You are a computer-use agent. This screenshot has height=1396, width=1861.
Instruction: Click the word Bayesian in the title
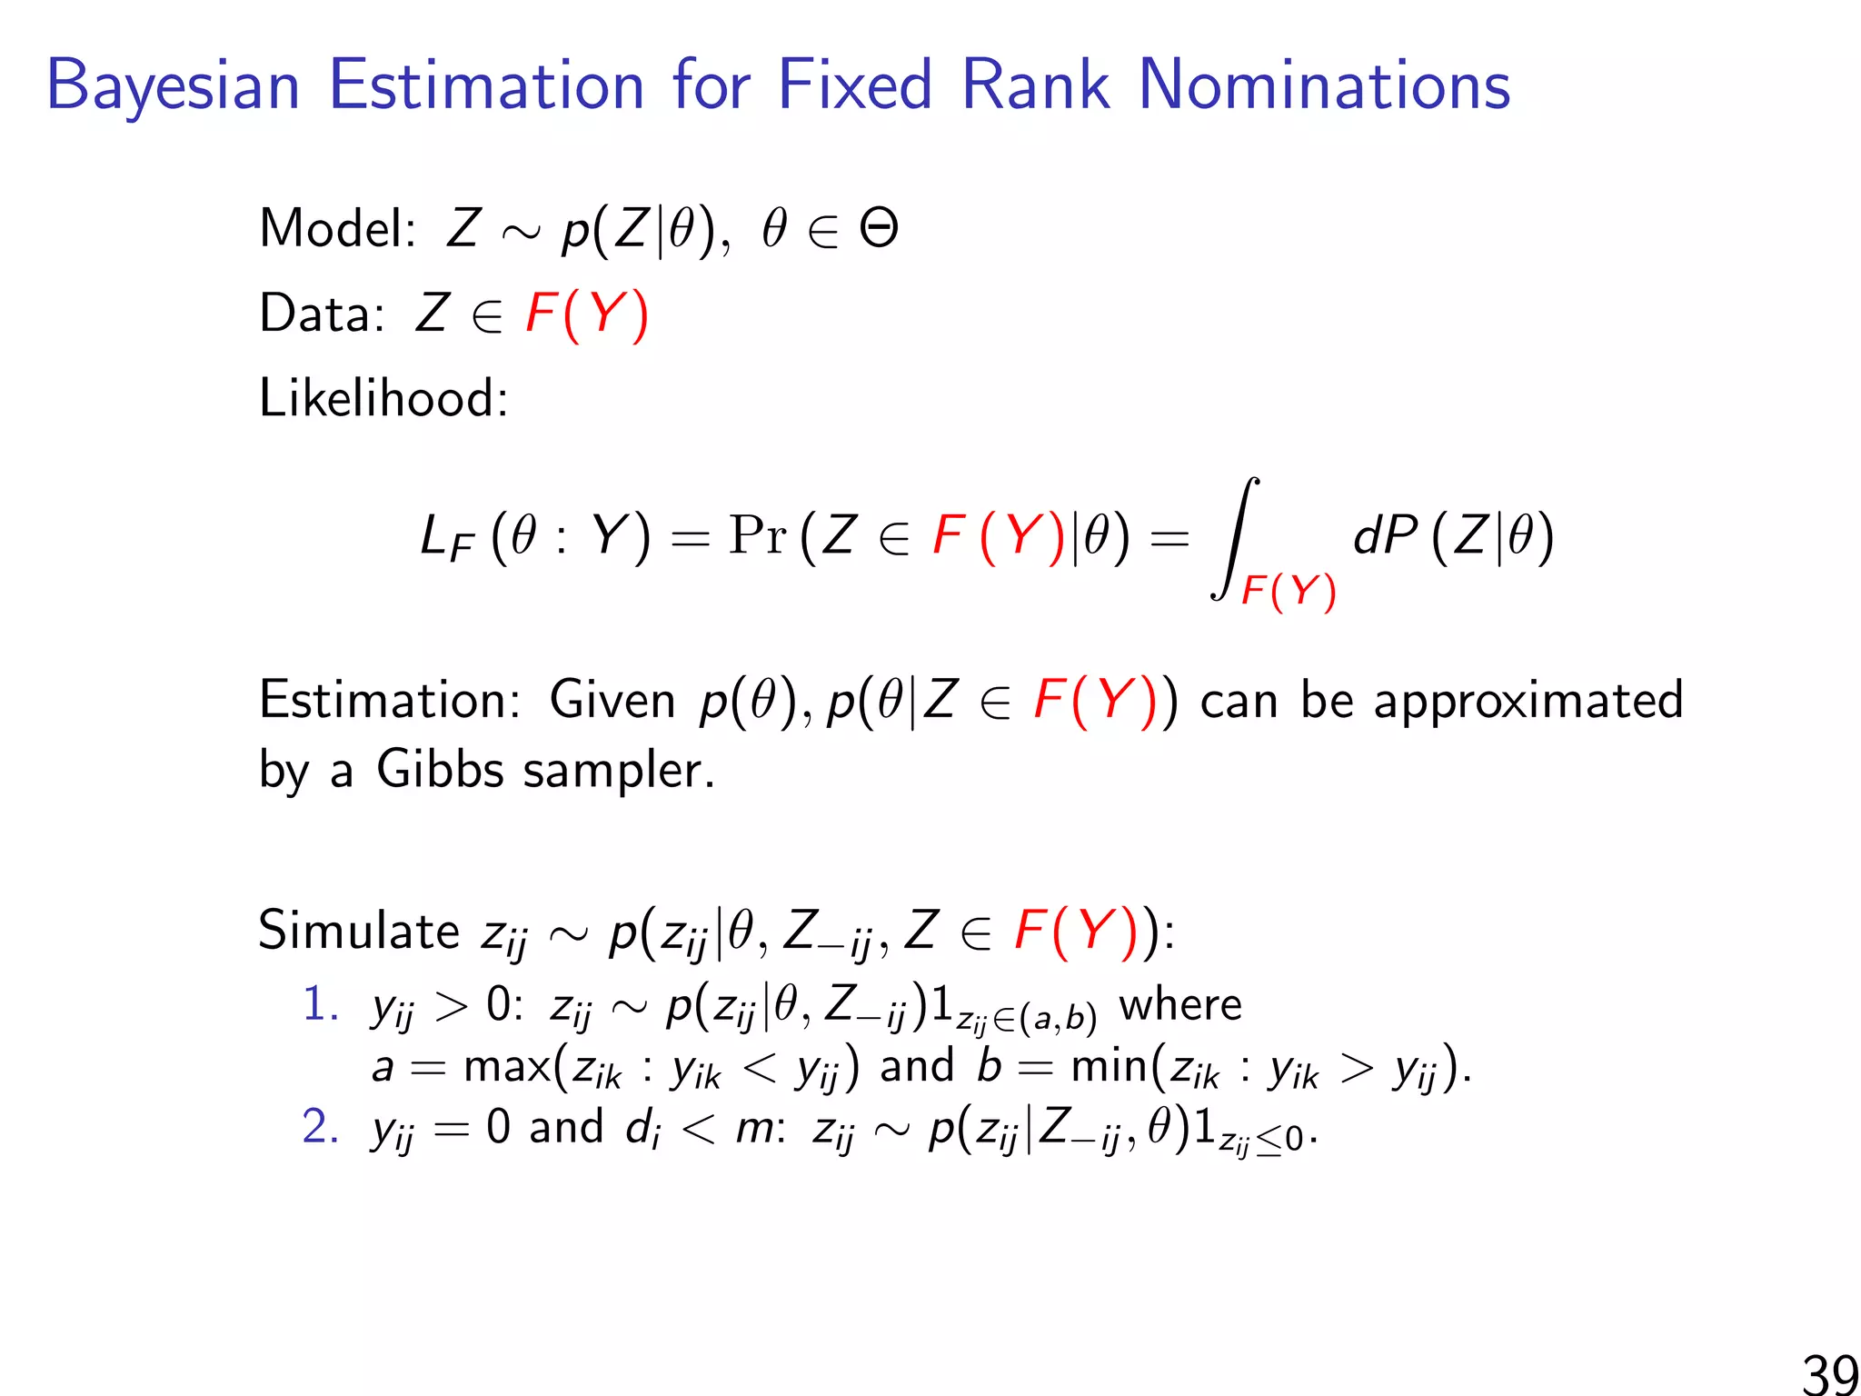(173, 87)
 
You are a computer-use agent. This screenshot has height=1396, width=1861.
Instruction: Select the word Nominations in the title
(1324, 85)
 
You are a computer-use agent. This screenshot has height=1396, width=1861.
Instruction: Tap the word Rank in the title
(1035, 85)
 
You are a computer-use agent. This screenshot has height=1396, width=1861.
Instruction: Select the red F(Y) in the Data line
(587, 314)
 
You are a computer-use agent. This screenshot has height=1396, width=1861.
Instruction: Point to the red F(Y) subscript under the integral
(1289, 592)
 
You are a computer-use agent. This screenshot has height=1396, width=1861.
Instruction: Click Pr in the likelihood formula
(757, 535)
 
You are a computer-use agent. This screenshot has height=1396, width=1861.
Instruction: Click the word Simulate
(359, 931)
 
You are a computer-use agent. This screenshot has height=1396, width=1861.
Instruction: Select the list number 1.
(319, 1005)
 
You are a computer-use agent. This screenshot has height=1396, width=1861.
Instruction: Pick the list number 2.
(319, 1127)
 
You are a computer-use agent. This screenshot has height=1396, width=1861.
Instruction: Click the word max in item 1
(506, 1067)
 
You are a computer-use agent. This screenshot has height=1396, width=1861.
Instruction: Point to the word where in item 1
(1180, 1005)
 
